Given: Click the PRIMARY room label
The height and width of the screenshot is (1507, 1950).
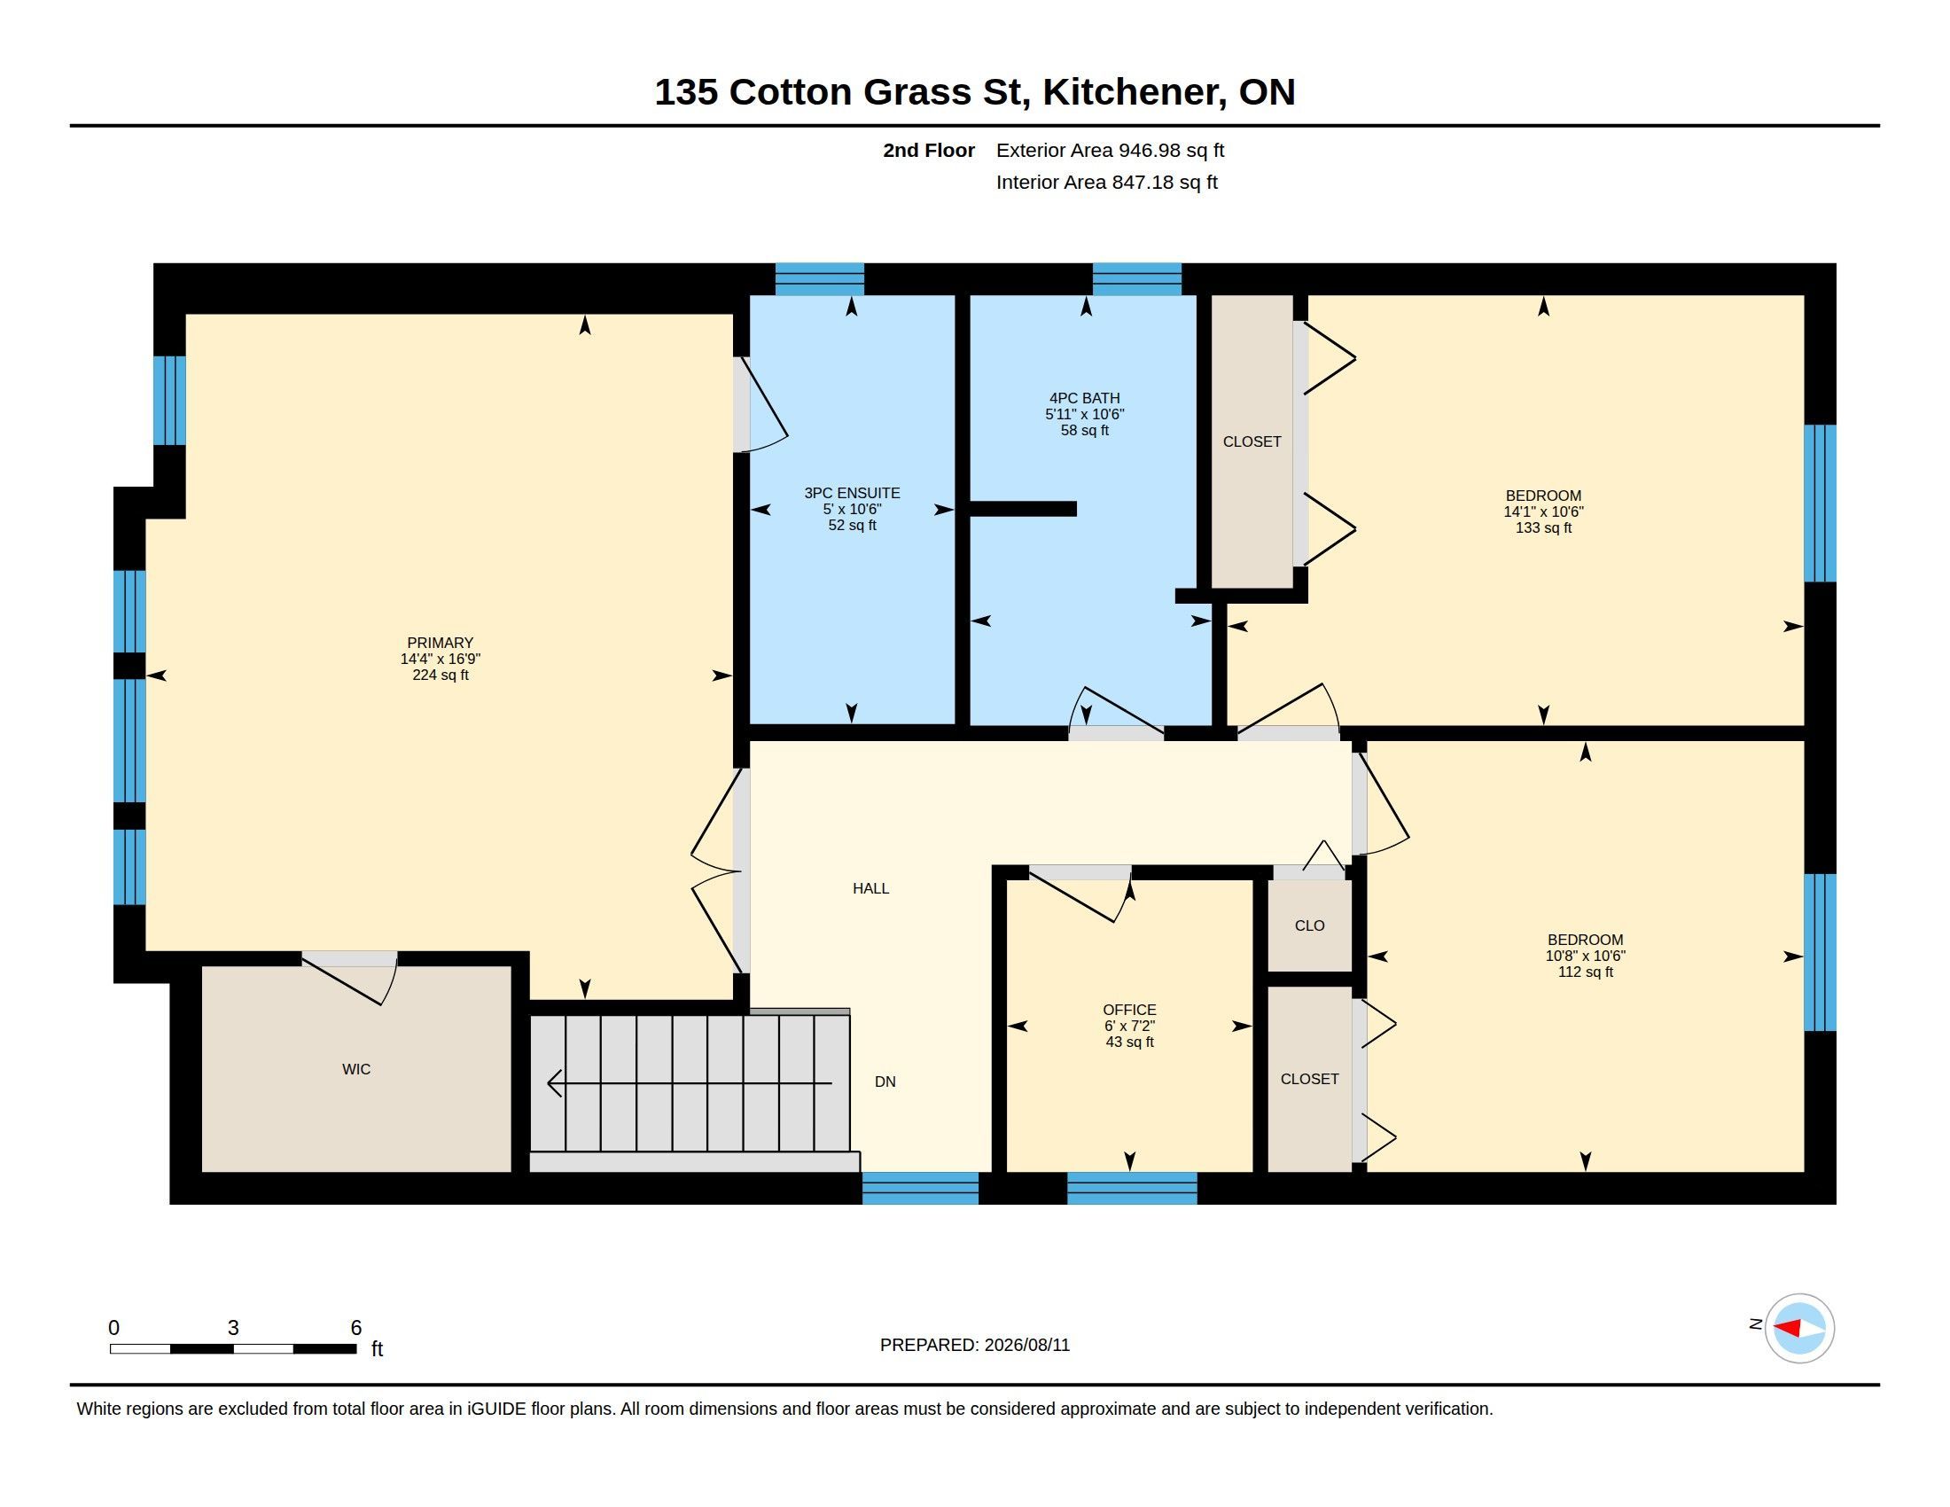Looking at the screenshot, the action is [441, 643].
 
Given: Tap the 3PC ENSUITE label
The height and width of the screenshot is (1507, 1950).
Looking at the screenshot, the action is [852, 493].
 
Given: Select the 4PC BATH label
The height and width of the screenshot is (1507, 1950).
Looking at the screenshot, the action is [1084, 398].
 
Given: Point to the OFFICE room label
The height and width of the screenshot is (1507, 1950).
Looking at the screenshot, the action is [1129, 1010].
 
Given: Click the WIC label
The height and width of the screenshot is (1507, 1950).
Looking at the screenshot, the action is [356, 1069].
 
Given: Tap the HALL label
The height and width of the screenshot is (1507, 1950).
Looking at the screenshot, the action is [870, 888].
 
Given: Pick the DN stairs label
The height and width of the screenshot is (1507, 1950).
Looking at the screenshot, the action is [885, 1081].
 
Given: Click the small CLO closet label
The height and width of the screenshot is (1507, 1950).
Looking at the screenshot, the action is [1310, 925].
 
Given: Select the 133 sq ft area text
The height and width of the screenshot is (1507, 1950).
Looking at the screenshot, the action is [1543, 527].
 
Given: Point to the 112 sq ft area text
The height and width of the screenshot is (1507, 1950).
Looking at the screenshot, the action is [1585, 972].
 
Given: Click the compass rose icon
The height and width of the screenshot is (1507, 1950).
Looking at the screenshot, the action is [1799, 1329].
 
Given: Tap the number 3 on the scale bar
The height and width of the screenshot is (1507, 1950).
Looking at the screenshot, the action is [233, 1328].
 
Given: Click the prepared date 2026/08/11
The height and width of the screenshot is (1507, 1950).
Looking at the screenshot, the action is [1026, 1345].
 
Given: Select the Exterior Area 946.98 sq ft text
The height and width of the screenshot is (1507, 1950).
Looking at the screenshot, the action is [1110, 150].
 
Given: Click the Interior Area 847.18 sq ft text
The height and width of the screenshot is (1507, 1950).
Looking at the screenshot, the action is [1106, 182].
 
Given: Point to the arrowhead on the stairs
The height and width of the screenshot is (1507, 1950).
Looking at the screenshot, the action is [554, 1083].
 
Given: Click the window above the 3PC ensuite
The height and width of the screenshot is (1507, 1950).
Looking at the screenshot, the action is [819, 278].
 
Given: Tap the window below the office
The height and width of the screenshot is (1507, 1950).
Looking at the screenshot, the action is [1132, 1188].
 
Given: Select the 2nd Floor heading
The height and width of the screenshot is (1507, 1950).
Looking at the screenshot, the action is [929, 150].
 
